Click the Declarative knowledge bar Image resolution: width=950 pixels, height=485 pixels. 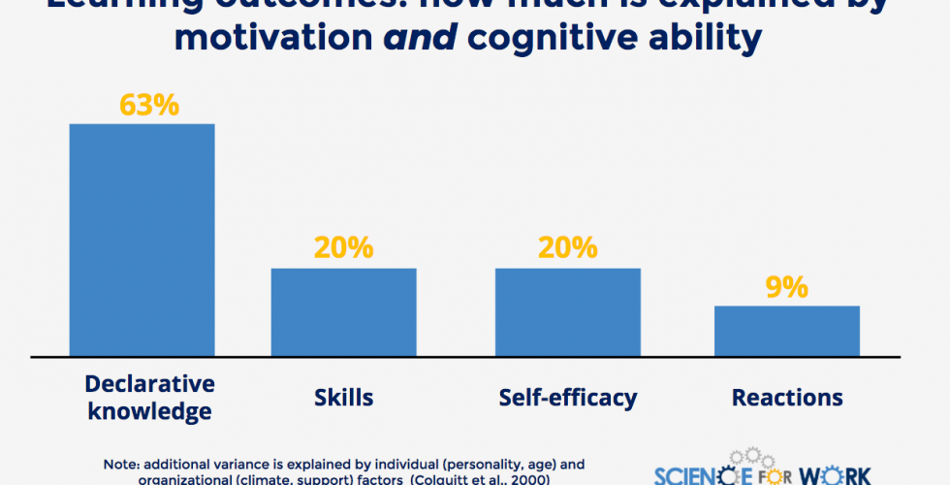142,240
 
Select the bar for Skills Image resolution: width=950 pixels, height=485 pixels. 343,311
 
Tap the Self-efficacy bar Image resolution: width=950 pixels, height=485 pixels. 568,311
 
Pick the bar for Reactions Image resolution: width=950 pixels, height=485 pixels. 787,331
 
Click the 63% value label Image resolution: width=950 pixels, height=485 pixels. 149,105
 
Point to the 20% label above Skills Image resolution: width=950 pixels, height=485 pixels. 343,248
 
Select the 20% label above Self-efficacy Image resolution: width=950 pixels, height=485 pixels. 568,248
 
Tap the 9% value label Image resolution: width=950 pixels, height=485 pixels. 787,287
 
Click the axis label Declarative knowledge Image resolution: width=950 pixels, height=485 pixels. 149,396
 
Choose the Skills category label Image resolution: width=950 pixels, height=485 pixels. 343,398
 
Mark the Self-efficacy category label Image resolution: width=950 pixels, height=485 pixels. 568,398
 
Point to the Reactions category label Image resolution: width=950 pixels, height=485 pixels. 787,398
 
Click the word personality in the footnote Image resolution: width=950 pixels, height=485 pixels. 465,465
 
